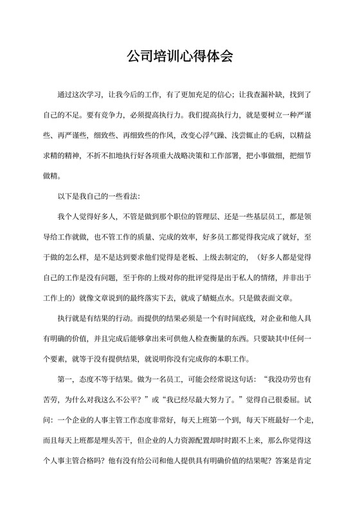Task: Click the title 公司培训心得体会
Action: click(180, 55)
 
